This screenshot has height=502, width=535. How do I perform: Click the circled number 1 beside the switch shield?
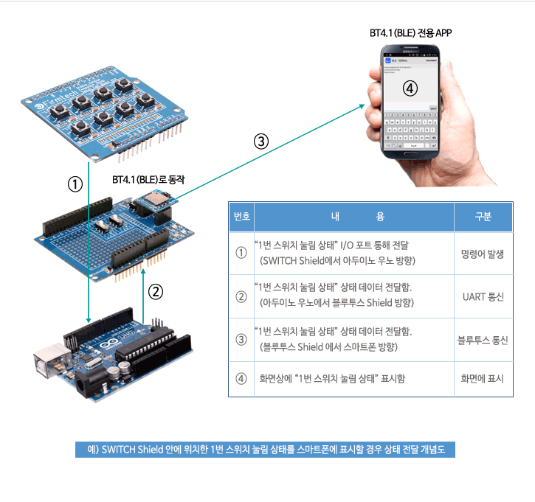point(75,184)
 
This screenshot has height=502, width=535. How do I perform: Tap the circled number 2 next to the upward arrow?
point(156,292)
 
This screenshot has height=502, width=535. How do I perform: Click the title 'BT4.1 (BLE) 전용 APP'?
point(410,33)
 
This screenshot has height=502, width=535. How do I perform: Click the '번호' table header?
point(241,217)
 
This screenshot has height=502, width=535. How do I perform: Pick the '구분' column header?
point(483,217)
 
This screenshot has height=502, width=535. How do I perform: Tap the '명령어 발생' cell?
point(483,253)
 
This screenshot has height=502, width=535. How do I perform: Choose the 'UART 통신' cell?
point(483,296)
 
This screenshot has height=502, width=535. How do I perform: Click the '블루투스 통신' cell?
point(483,340)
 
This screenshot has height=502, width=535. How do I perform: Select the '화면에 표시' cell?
point(483,379)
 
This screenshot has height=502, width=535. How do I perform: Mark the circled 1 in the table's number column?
point(241,253)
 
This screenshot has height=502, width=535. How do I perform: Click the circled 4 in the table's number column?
point(241,379)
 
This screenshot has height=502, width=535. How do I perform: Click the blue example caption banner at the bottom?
point(266,449)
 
